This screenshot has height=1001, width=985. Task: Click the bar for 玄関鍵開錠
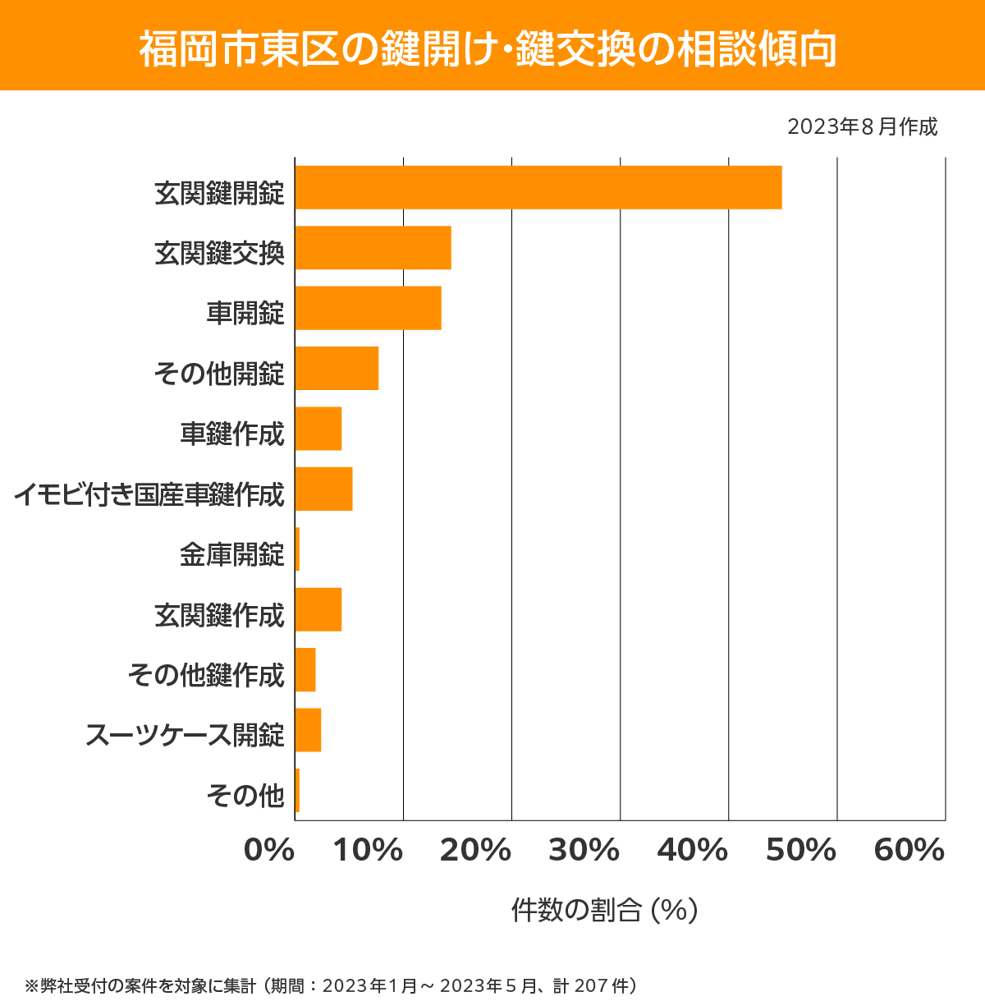coord(538,187)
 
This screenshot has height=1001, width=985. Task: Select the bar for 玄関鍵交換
coord(373,247)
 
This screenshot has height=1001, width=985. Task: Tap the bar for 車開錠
coord(368,308)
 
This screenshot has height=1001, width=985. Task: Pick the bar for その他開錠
coord(337,368)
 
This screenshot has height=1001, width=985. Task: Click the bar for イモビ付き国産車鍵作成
coord(323,489)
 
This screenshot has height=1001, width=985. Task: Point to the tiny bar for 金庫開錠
coord(297,549)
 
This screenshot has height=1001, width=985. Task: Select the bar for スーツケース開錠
coord(308,730)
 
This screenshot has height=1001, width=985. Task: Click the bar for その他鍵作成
coord(305,669)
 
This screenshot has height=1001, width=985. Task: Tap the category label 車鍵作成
coord(232,434)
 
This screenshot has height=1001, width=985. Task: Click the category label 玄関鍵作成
coord(219,615)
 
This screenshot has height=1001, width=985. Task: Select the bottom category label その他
coord(245,795)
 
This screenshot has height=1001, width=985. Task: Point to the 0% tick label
coord(269,851)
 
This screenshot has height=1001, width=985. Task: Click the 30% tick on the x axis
coord(584,851)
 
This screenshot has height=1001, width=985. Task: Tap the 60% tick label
coord(909,851)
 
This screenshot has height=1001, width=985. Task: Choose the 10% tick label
coord(368,851)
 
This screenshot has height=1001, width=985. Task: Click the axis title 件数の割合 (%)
coord(604,910)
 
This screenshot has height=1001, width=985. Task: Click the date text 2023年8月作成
coord(862,127)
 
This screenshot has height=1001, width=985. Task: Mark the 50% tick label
coord(801,851)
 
